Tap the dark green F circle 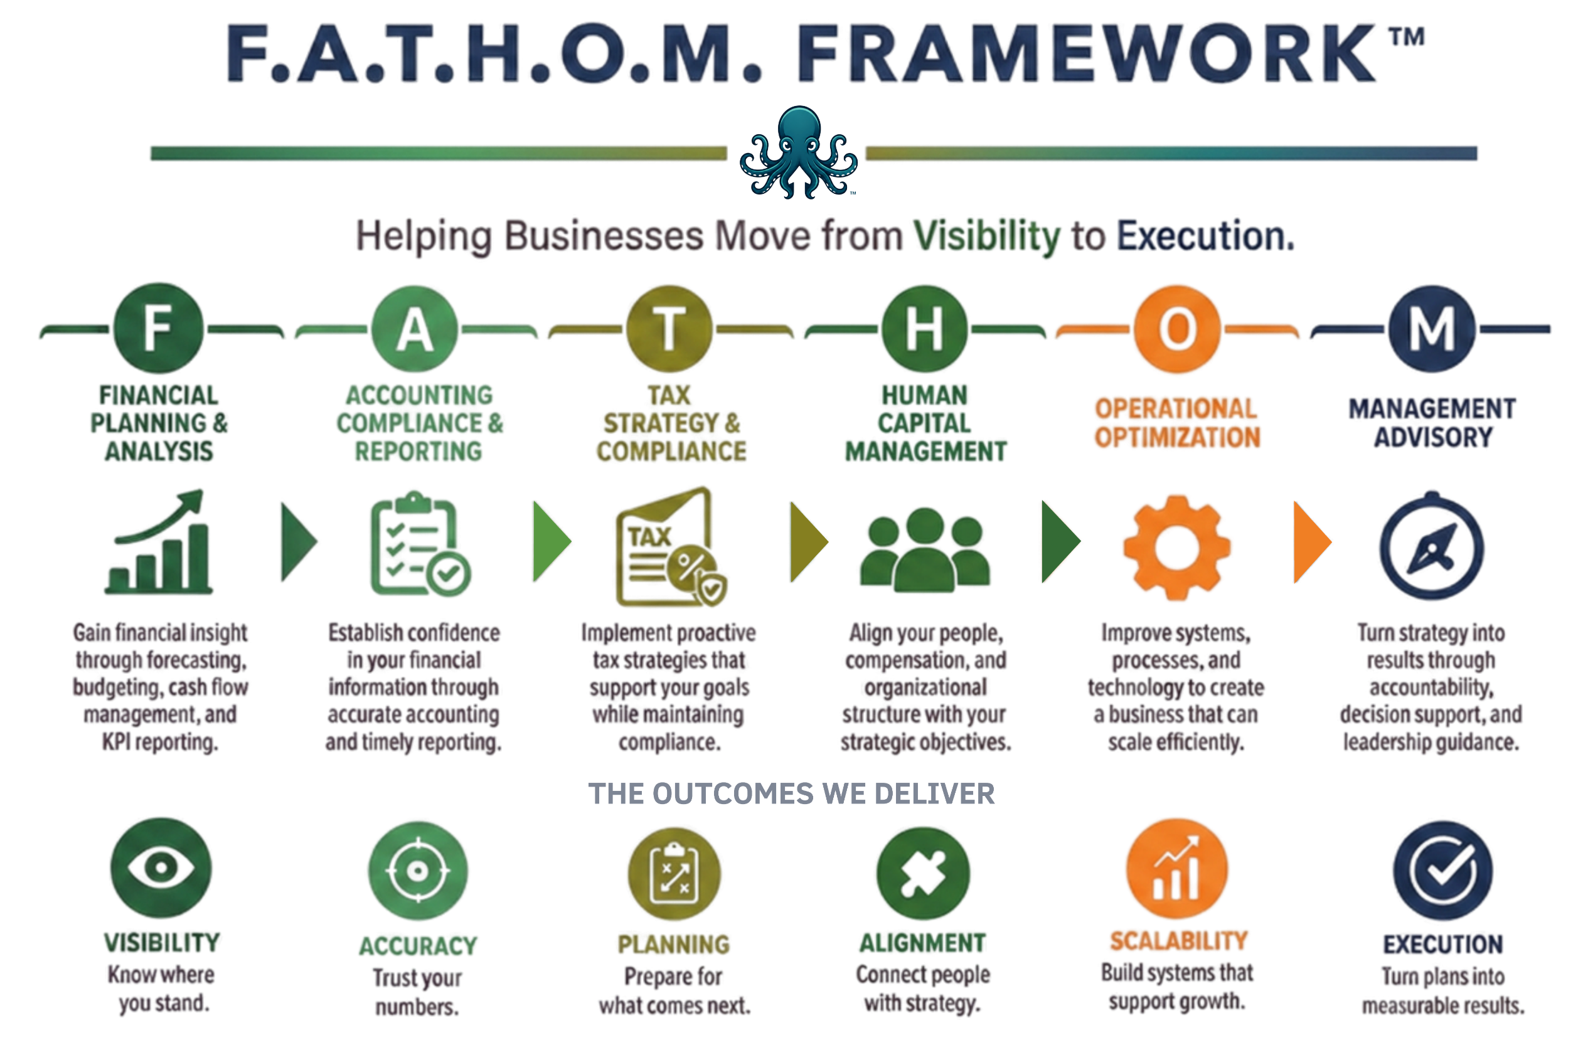158,328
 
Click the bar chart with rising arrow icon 159,543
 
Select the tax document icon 671,546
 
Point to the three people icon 925,549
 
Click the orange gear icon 1176,548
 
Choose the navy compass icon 1432,546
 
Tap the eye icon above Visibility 161,867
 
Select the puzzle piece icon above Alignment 924,872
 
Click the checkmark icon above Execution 1443,871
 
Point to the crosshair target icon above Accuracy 418,871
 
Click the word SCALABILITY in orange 1178,941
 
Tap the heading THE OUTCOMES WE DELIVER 792,794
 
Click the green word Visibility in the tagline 987,237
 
